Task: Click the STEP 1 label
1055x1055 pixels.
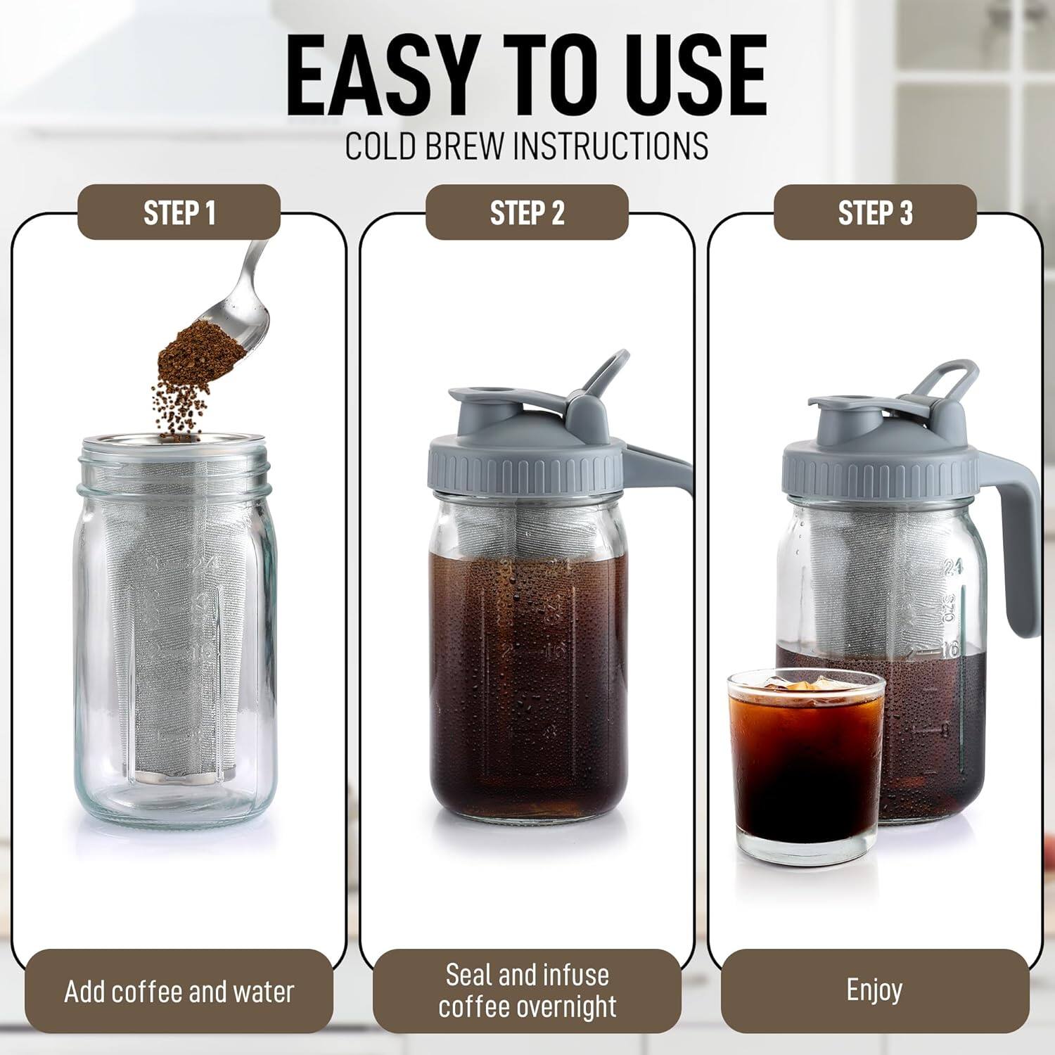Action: tap(179, 212)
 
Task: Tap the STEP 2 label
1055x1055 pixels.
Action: tap(527, 212)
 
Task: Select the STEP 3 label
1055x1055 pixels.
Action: tap(875, 212)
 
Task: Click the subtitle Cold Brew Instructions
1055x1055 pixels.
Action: tap(527, 146)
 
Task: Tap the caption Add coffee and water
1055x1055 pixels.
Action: tap(179, 992)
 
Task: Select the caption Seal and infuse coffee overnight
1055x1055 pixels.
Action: tap(527, 991)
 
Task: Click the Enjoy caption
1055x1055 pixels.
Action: tap(874, 990)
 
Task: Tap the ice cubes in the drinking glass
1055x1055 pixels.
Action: tap(802, 686)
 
